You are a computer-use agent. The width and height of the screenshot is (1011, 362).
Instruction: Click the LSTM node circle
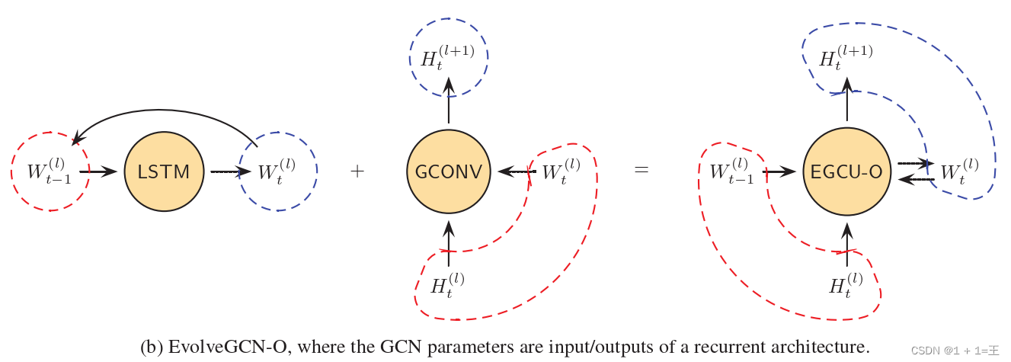(164, 172)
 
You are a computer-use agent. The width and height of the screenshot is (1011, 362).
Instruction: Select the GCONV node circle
(449, 172)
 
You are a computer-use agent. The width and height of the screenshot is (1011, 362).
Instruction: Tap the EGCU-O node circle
(846, 172)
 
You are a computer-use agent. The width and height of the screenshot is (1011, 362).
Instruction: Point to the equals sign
(641, 171)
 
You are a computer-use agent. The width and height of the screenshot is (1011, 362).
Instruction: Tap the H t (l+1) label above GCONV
(447, 58)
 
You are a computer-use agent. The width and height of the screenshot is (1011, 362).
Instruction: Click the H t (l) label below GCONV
(447, 285)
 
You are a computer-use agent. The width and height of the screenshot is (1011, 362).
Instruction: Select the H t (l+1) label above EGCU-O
(845, 58)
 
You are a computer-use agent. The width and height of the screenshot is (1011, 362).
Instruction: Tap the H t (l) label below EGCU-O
(846, 285)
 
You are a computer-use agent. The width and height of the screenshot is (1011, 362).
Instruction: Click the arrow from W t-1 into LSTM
(98, 172)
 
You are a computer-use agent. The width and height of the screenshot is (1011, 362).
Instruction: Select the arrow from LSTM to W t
(230, 172)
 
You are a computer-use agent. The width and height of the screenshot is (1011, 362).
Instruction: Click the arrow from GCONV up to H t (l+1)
(449, 102)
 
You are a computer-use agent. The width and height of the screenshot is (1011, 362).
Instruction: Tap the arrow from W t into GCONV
(513, 172)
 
